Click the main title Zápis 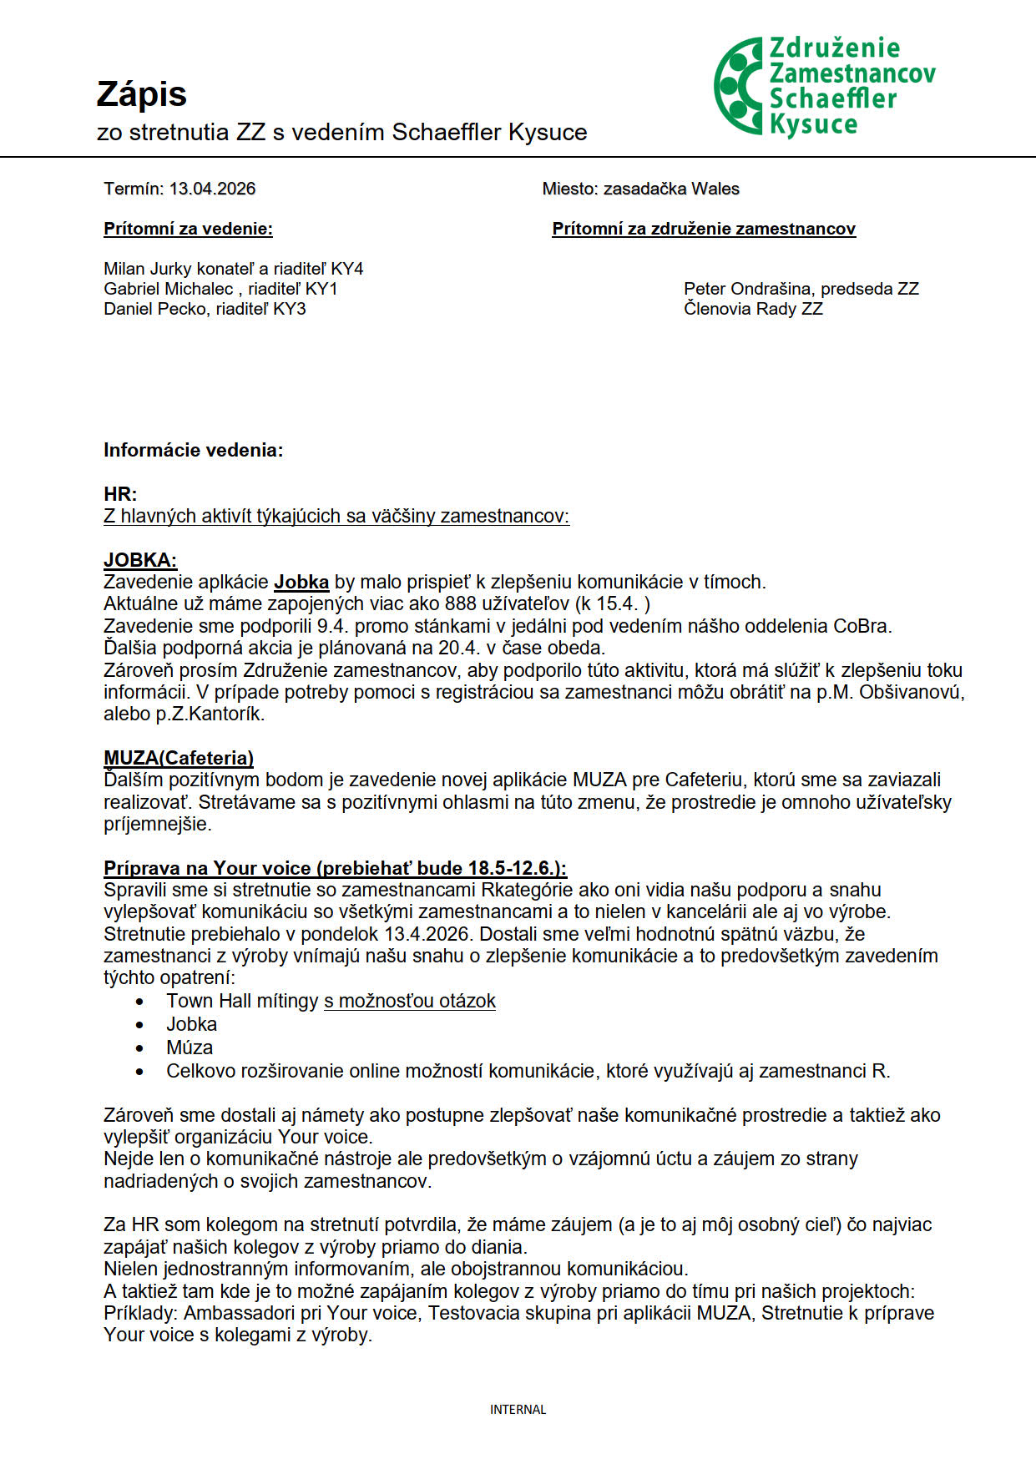pyautogui.click(x=141, y=94)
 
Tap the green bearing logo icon pyautogui.click(x=738, y=86)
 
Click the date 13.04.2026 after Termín pyautogui.click(x=212, y=189)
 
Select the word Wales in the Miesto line pyautogui.click(x=715, y=189)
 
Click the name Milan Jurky pyautogui.click(x=147, y=269)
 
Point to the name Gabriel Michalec pyautogui.click(x=168, y=289)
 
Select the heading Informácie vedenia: pyautogui.click(x=193, y=451)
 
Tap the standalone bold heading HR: pyautogui.click(x=120, y=494)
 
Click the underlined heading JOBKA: pyautogui.click(x=140, y=560)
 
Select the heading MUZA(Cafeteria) pyautogui.click(x=179, y=758)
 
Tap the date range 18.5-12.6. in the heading pyautogui.click(x=515, y=868)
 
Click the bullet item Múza pyautogui.click(x=190, y=1048)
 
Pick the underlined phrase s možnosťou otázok pyautogui.click(x=410, y=1001)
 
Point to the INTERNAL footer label pyautogui.click(x=518, y=1410)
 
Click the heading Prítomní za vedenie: pyautogui.click(x=188, y=229)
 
